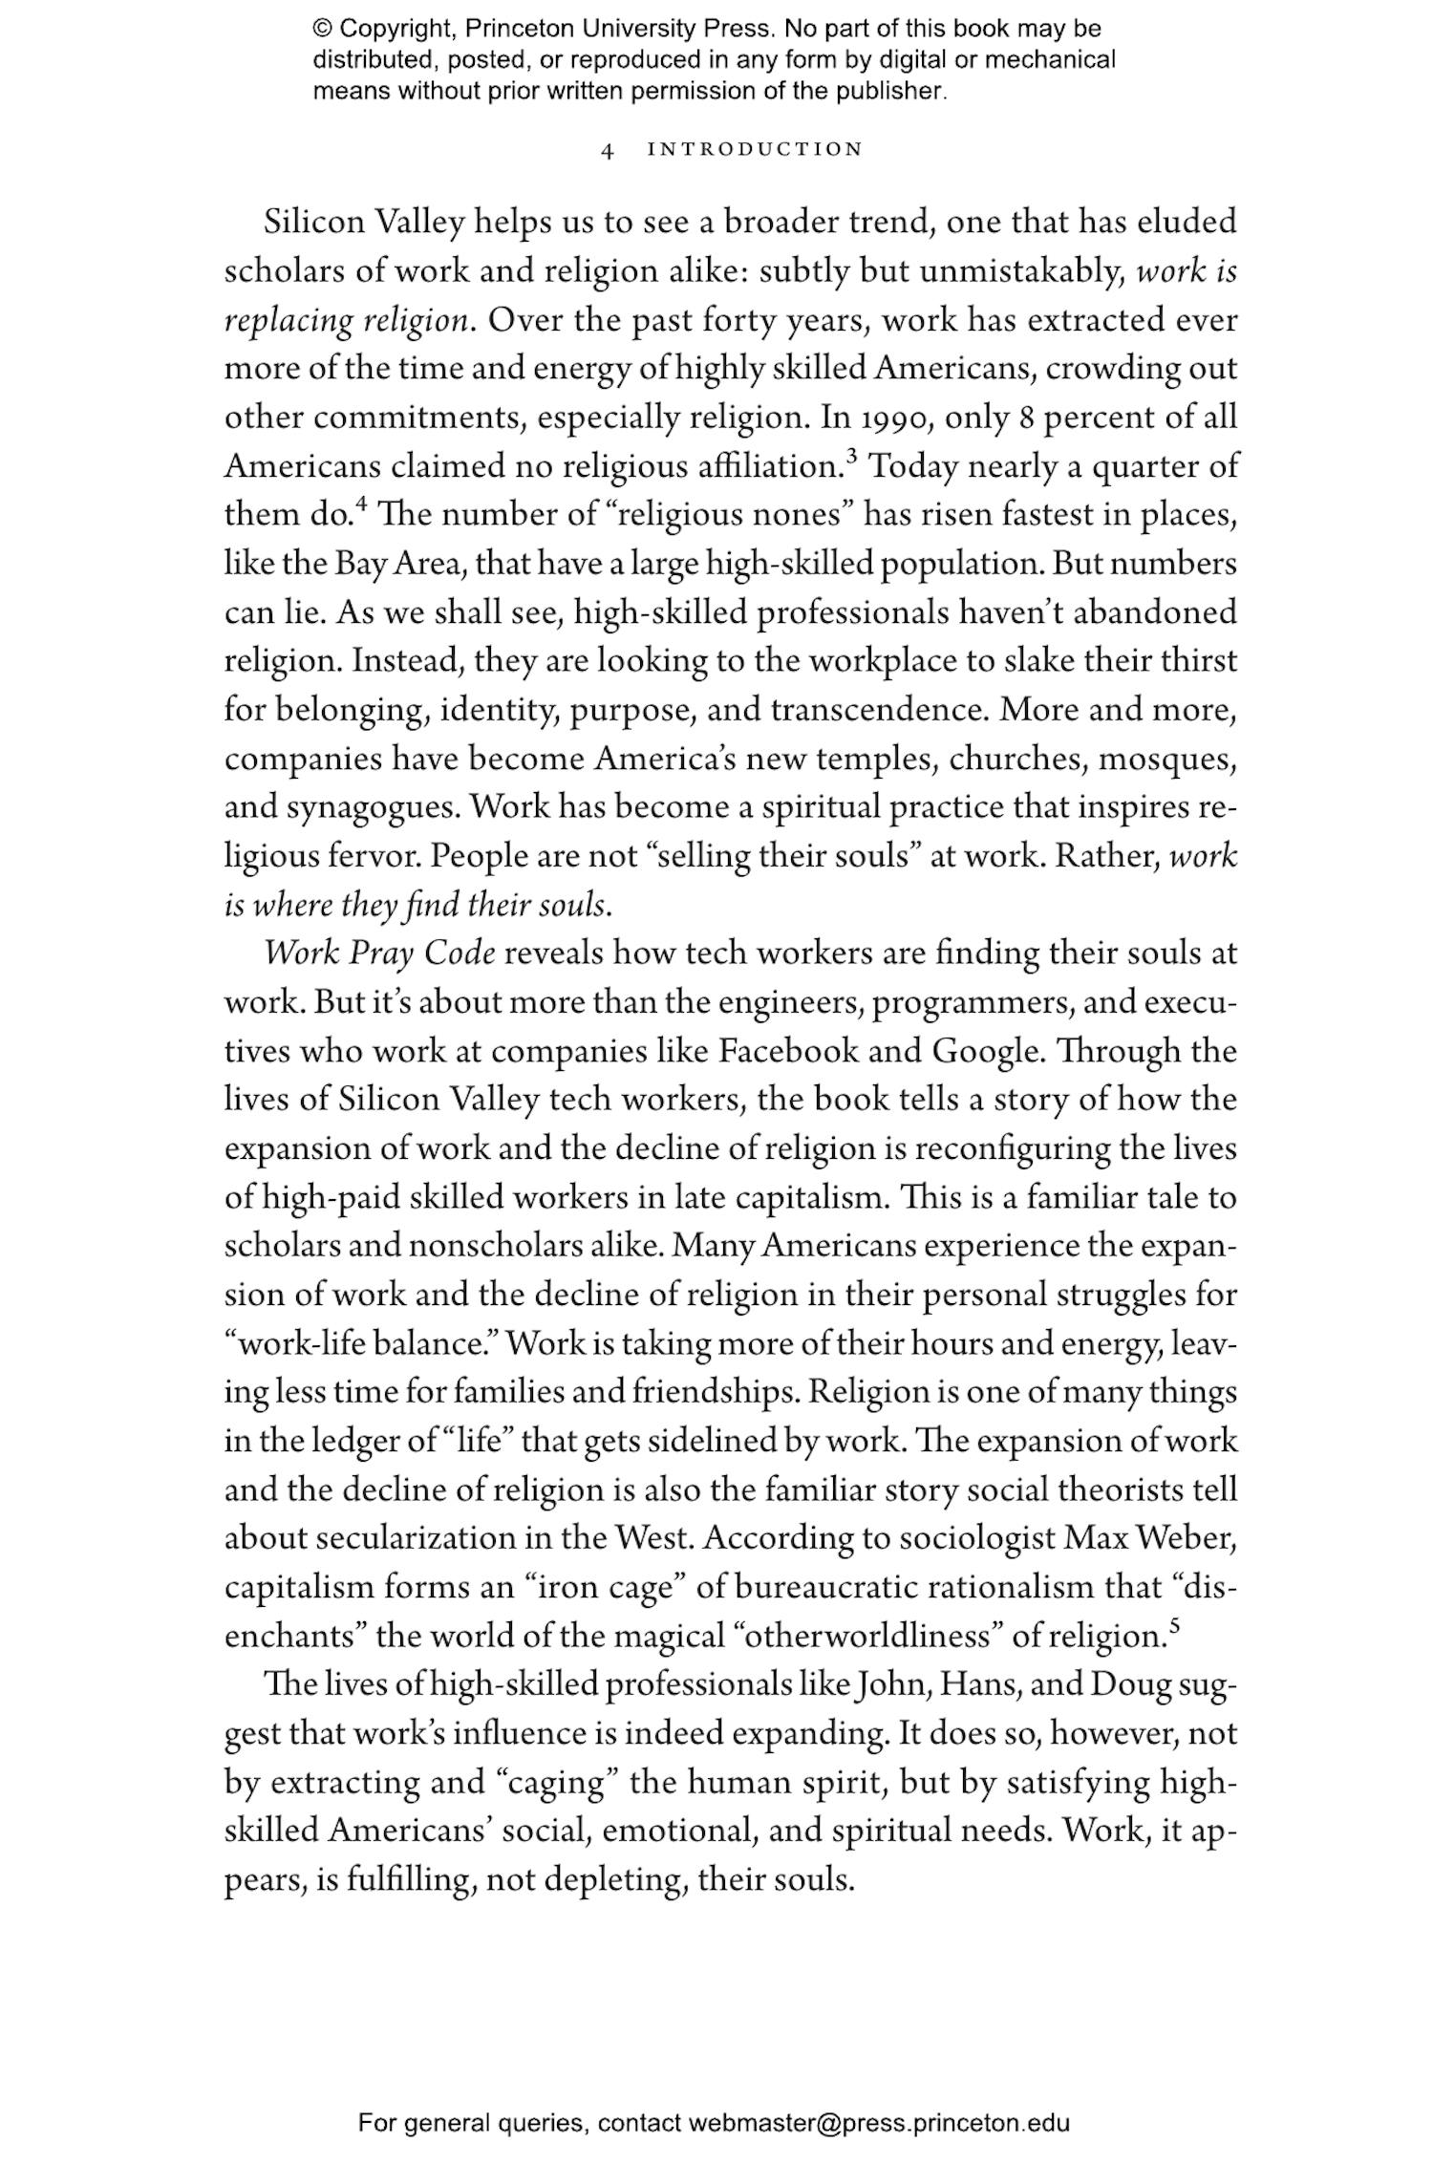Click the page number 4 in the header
click(607, 150)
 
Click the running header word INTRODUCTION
click(755, 149)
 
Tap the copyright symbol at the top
click(321, 29)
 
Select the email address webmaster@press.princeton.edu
click(878, 2124)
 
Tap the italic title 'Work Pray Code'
click(379, 953)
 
